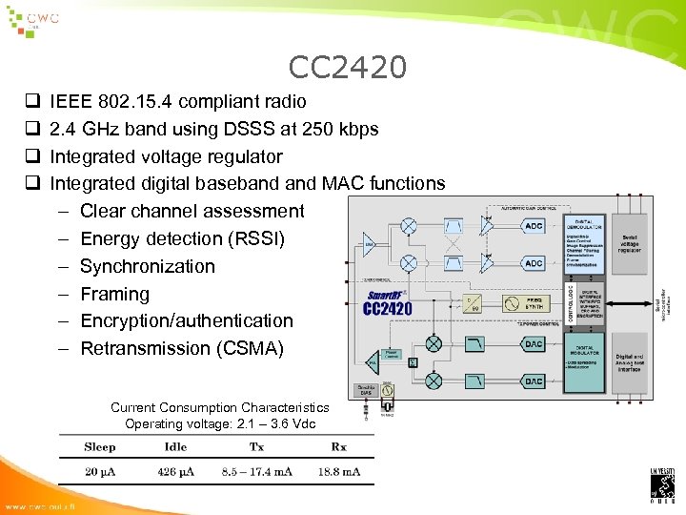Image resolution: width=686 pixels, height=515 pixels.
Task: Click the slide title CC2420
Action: click(x=348, y=67)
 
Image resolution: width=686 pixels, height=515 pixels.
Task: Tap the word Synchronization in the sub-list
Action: click(x=147, y=266)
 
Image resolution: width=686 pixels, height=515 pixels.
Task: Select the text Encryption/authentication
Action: click(x=186, y=320)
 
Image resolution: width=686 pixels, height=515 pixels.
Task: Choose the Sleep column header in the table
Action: click(x=100, y=446)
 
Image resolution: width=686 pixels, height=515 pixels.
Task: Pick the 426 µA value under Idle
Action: click(x=175, y=472)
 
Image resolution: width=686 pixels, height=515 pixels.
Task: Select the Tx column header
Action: click(x=256, y=446)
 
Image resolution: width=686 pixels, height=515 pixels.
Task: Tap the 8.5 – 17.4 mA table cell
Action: click(x=256, y=472)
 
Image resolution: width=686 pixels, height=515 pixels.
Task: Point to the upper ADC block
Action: click(x=534, y=226)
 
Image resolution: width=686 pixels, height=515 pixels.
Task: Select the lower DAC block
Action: click(x=534, y=381)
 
